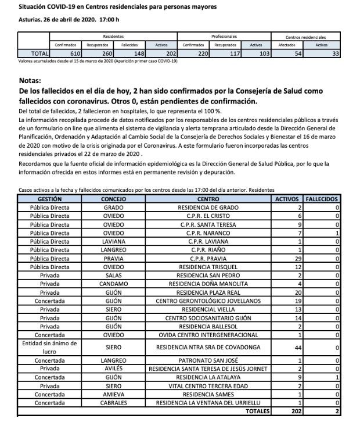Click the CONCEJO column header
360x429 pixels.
(x=113, y=199)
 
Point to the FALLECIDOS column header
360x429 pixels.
(x=323, y=199)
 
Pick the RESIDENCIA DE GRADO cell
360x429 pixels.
(x=207, y=208)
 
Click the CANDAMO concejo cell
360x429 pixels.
(x=113, y=284)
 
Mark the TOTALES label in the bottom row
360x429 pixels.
(x=256, y=411)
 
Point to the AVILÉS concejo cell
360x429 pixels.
(x=113, y=369)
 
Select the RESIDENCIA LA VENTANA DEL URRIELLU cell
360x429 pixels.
(x=207, y=402)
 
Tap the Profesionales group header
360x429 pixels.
(x=224, y=36)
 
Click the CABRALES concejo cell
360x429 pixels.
(x=113, y=402)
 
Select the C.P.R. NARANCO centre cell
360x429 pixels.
(x=207, y=233)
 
